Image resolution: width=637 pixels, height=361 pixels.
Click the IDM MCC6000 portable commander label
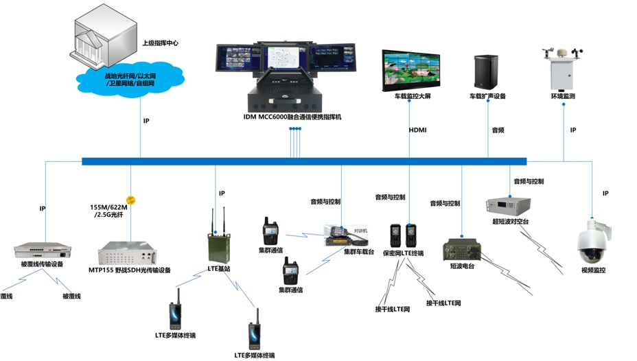(292, 117)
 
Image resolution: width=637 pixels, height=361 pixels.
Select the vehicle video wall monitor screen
(416, 69)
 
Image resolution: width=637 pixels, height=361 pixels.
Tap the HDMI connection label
(417, 130)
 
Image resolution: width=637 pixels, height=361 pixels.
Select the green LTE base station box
(218, 246)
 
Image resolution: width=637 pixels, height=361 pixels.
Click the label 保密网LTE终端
(403, 253)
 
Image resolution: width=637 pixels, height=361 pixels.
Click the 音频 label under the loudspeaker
(498, 130)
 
